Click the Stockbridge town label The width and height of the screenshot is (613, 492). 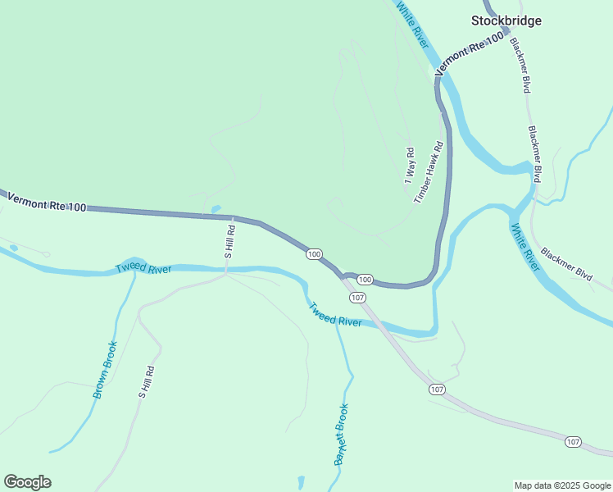point(506,20)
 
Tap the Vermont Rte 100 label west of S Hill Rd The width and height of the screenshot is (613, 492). point(46,203)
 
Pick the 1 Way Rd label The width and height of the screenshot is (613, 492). point(410,165)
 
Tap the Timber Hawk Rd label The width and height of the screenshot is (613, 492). point(429,173)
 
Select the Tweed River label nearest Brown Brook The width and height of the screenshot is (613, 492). point(143,268)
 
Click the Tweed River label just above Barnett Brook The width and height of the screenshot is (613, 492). point(335,314)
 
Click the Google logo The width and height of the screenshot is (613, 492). point(27,482)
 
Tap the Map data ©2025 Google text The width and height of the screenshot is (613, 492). point(563,485)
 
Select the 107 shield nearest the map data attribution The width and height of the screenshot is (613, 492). point(574,442)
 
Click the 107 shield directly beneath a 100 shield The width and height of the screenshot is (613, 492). point(358,295)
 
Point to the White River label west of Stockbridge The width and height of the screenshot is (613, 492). point(412,24)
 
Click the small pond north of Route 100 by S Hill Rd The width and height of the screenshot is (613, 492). point(216,209)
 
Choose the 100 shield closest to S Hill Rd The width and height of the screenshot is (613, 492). point(314,254)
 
